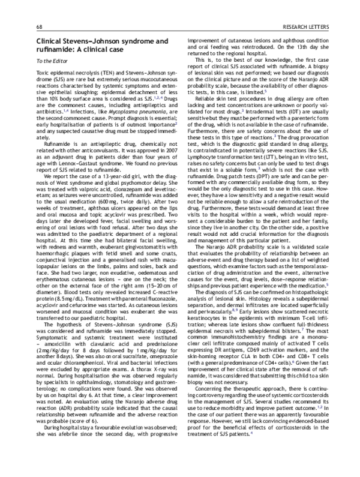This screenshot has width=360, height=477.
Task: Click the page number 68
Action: (x=39, y=27)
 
